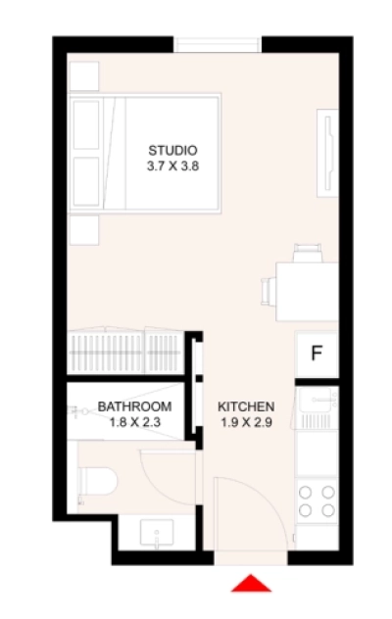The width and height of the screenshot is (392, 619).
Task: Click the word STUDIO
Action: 173,150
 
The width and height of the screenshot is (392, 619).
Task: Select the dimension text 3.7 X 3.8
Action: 173,167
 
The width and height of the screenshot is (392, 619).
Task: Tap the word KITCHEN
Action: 246,406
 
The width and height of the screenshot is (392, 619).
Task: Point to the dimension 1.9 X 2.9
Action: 246,423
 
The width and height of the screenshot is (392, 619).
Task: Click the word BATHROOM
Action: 134,406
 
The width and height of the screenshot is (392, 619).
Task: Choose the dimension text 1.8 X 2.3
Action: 134,423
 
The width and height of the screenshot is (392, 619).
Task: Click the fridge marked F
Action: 317,354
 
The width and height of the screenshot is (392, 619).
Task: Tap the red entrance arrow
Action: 252,583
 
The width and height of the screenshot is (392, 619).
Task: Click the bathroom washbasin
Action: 158,535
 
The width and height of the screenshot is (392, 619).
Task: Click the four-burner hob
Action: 317,500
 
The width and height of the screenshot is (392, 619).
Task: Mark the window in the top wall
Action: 218,44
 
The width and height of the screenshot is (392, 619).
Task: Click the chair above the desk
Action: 307,251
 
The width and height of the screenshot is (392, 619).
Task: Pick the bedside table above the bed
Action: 84,76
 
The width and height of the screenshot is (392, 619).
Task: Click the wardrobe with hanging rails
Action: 124,350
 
